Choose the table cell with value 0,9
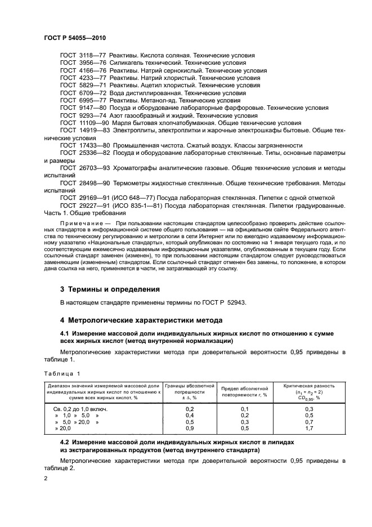tap(189, 428)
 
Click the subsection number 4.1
tap(64, 334)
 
